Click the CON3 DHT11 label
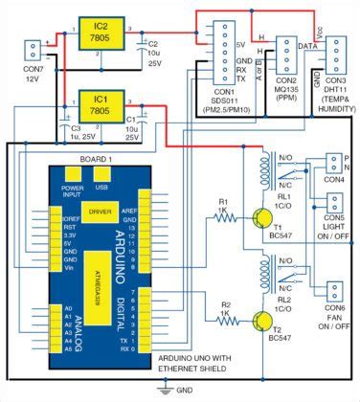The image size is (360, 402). tap(331, 92)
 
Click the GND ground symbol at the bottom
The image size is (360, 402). tap(169, 389)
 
